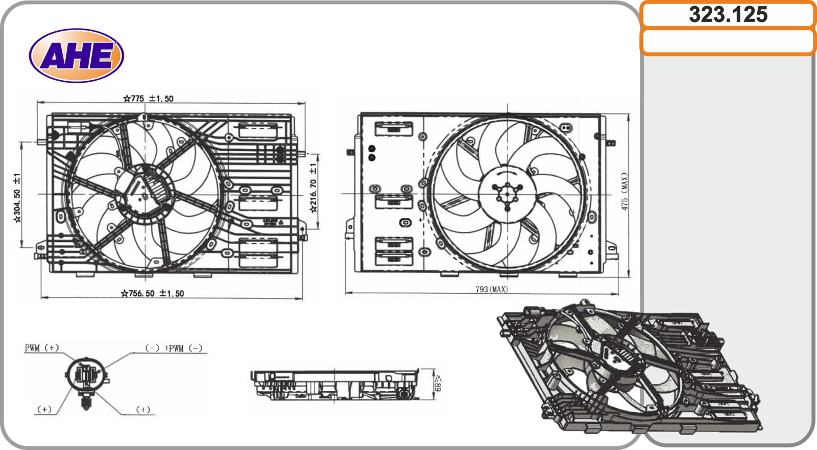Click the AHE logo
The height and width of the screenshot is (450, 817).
coord(77,56)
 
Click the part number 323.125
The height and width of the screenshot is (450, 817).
coord(728,15)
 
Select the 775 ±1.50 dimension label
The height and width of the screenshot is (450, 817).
coord(149,99)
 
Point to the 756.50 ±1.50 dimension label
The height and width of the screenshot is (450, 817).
coord(153,293)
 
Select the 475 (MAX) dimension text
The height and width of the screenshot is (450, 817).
coord(624,192)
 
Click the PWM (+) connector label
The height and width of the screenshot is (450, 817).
coord(42,348)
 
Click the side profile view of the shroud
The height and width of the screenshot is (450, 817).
coord(334,384)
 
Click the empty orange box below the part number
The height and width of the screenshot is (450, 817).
coord(728,42)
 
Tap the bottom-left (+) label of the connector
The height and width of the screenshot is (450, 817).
coord(44,410)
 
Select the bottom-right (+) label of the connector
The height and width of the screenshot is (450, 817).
coord(143,410)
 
